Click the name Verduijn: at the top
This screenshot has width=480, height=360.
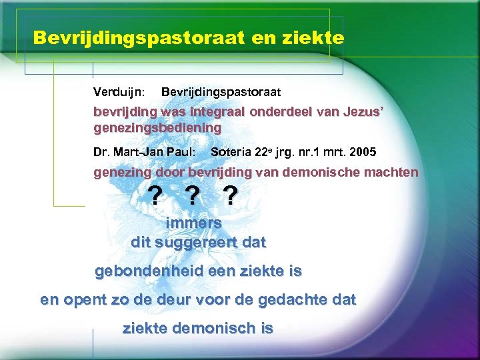(120, 90)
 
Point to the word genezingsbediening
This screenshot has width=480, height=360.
(157, 127)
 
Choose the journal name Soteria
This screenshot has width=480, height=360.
(231, 151)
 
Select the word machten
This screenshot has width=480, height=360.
(394, 172)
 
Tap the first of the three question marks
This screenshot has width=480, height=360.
(154, 196)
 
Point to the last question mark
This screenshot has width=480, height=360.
(230, 196)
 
